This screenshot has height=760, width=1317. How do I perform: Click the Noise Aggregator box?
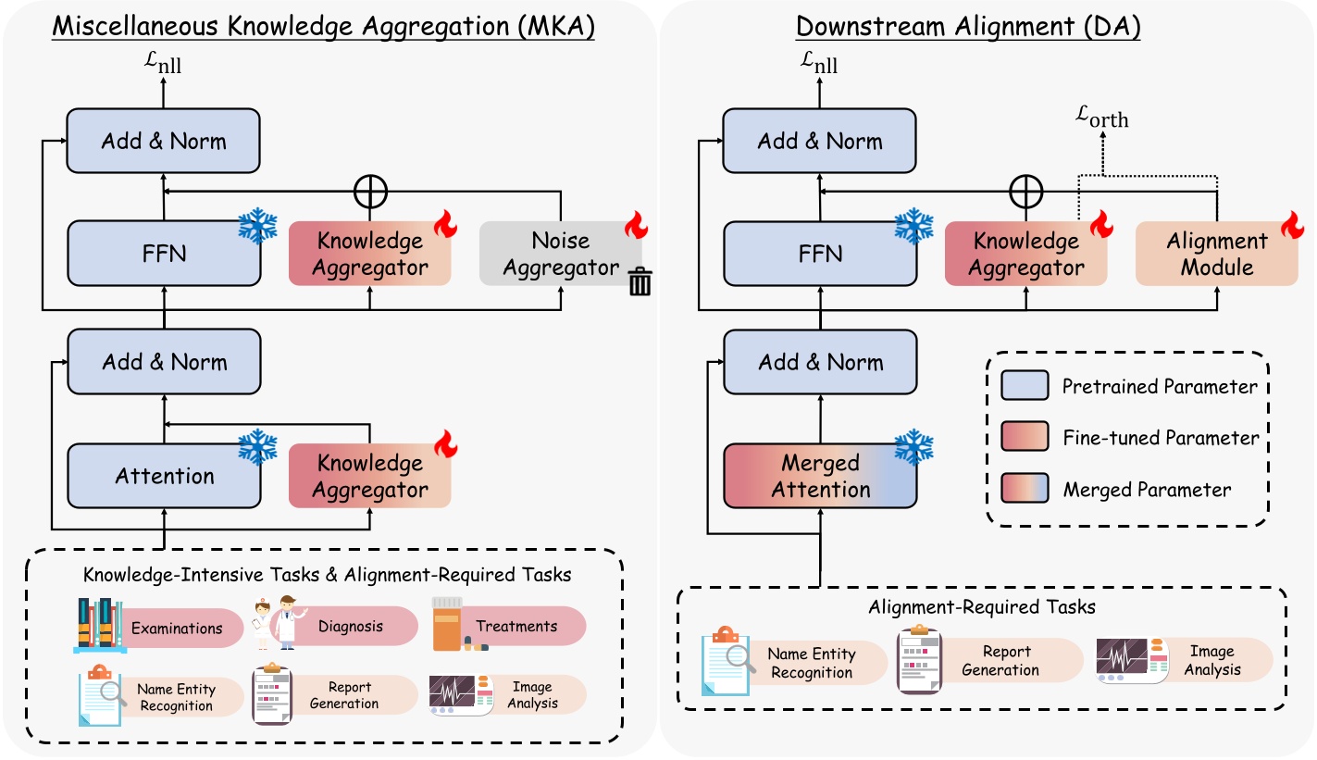(560, 254)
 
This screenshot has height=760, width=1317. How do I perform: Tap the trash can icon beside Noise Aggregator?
(640, 280)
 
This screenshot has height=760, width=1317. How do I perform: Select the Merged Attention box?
(820, 476)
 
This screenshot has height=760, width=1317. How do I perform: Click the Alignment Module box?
(1216, 254)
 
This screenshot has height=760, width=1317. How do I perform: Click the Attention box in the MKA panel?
(165, 476)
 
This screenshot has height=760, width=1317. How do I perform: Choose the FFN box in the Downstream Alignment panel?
(820, 254)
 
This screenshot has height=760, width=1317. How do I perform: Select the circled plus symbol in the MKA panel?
(370, 192)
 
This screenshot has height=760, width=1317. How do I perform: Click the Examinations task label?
(177, 628)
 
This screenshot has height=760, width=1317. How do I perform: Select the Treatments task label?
(516, 626)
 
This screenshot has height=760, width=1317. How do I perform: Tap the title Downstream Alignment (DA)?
(968, 27)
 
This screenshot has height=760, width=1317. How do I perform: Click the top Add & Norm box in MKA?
(165, 142)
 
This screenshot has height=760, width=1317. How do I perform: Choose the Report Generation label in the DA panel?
(1000, 661)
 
